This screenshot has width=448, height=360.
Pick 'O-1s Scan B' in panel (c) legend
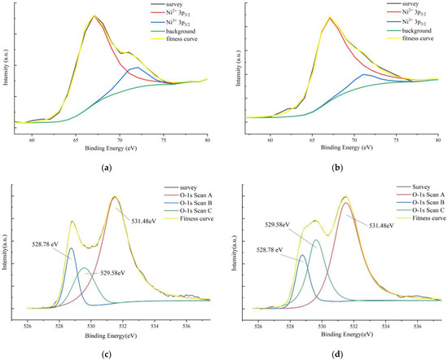pyautogui.click(x=180, y=210)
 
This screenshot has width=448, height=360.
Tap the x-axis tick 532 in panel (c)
pyautogui.click(x=122, y=322)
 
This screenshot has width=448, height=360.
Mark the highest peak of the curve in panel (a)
pyautogui.click(x=95, y=15)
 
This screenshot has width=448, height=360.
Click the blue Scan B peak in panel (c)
pyautogui.click(x=71, y=248)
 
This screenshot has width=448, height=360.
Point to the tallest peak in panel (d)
pyautogui.click(x=345, y=196)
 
